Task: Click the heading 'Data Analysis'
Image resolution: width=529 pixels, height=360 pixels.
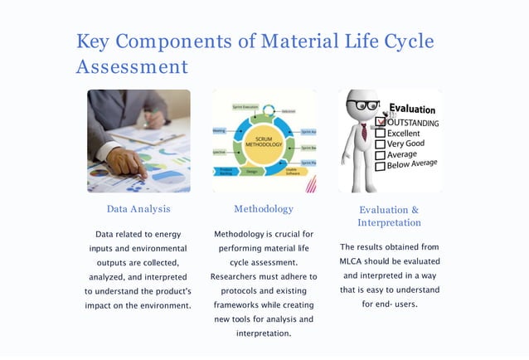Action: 138,209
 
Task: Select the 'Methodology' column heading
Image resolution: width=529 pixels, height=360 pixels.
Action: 264,209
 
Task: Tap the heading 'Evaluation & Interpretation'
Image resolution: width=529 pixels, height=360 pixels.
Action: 389,216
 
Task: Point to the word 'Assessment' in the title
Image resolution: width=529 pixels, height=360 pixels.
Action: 132,66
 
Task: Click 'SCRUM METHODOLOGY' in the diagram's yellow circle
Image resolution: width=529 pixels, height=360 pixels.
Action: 264,141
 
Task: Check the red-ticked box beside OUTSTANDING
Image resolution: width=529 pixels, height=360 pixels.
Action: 381,122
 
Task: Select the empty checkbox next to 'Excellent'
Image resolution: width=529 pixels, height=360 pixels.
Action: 381,133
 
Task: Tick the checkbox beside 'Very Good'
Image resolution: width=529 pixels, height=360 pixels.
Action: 381,144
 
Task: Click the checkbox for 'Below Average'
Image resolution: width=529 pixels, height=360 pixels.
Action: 381,166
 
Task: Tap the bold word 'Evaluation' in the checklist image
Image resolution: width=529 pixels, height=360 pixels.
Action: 412,109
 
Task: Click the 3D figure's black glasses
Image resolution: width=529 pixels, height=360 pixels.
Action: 363,105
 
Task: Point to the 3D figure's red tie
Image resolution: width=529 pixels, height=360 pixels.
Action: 364,132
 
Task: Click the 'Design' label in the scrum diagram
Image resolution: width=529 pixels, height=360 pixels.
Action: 252,172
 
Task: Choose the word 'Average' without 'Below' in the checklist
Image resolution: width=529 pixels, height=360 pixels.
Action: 403,154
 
